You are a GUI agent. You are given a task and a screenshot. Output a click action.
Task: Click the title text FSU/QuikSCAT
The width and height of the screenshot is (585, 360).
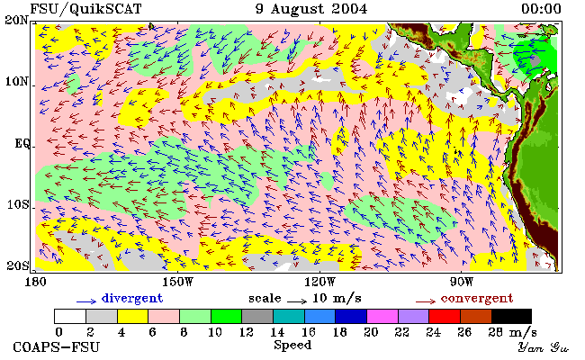coord(85,9)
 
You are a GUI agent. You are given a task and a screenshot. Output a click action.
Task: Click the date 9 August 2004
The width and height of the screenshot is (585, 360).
coord(311,9)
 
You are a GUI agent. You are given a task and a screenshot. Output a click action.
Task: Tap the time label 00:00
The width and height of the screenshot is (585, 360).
coord(541,9)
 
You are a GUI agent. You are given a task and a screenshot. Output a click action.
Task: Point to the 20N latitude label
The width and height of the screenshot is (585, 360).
coord(17,20)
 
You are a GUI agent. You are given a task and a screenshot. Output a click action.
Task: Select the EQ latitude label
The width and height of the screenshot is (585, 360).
coord(22,143)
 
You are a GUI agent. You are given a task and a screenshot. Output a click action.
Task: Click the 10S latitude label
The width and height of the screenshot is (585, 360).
coord(17,204)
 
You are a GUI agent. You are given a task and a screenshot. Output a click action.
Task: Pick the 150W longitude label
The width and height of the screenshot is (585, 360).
coord(178,282)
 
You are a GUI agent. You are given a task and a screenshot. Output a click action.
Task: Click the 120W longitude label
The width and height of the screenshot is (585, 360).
coord(319,282)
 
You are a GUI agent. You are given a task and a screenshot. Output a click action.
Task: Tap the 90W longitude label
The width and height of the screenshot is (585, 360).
coord(461,282)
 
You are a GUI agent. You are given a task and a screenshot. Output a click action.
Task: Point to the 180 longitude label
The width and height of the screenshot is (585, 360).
coord(35,282)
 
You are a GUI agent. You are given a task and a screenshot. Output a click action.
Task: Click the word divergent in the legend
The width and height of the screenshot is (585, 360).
coord(132,299)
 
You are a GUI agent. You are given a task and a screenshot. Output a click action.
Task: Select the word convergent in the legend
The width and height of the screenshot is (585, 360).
coord(477,299)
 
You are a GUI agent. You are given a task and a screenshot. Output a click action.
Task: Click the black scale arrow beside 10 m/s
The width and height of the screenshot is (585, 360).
coord(297,301)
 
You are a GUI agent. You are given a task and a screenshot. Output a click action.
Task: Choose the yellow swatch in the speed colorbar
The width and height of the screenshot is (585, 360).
coord(133,317)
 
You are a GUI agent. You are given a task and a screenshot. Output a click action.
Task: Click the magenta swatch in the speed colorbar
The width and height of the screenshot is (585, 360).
coord(382,317)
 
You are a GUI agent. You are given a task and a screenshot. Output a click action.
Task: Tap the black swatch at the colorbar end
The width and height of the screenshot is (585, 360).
coord(511,317)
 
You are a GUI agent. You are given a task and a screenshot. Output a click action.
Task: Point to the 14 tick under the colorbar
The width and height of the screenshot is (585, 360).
coord(277,331)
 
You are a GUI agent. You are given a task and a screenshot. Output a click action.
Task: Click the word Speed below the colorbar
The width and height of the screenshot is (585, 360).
coord(292,345)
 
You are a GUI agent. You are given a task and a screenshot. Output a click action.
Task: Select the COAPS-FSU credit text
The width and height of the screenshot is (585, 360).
coord(57,347)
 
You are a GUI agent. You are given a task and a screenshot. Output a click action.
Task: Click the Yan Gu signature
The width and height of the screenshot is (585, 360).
coord(544,347)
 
